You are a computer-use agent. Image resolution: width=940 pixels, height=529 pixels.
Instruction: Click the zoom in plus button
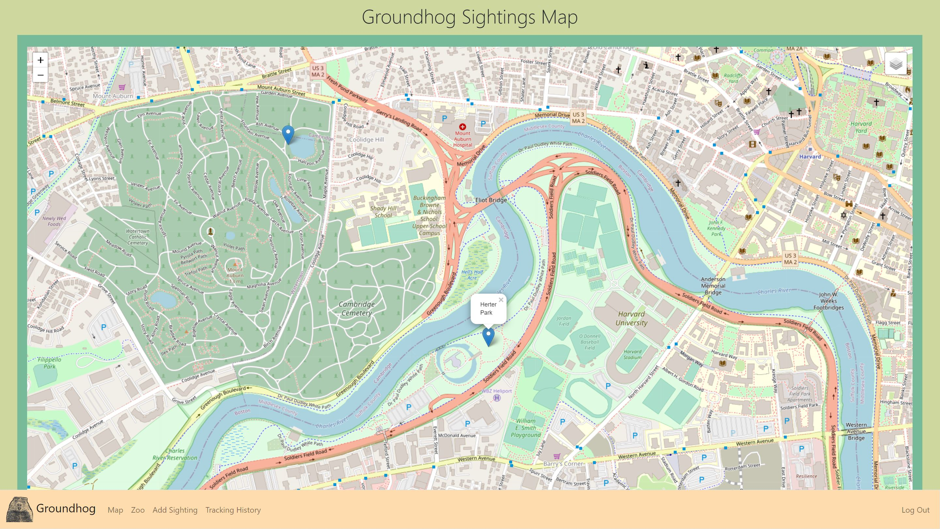[40, 60]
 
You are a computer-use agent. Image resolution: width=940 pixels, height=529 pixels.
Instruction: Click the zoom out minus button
[40, 75]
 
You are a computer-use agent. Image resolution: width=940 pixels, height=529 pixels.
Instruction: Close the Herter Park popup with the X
[501, 300]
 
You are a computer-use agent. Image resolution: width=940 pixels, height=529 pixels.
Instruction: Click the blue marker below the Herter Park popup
[488, 336]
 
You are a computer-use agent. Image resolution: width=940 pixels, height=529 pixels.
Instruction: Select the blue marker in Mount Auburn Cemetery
[288, 134]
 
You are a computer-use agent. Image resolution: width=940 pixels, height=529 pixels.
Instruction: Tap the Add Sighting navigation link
[175, 510]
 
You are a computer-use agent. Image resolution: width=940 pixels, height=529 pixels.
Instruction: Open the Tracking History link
[233, 510]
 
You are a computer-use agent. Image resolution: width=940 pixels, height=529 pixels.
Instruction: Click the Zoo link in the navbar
[137, 510]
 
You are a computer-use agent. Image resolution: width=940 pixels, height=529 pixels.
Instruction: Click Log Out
[915, 510]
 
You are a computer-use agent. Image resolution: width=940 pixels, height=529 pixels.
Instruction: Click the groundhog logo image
[20, 509]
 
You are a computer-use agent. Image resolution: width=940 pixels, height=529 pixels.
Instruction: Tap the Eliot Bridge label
[491, 200]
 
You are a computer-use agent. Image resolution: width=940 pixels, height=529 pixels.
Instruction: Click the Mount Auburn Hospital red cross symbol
[463, 127]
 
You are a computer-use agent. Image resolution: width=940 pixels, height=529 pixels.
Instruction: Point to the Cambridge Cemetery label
[357, 308]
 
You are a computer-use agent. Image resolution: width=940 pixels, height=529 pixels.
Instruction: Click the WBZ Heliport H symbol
[497, 398]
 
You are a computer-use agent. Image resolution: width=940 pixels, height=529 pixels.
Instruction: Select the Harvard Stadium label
[632, 354]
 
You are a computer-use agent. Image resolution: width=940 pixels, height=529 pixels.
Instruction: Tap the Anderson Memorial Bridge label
[713, 286]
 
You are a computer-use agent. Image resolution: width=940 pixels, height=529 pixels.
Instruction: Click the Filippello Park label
[49, 363]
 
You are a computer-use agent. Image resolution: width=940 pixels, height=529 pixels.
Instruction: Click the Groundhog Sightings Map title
[470, 17]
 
